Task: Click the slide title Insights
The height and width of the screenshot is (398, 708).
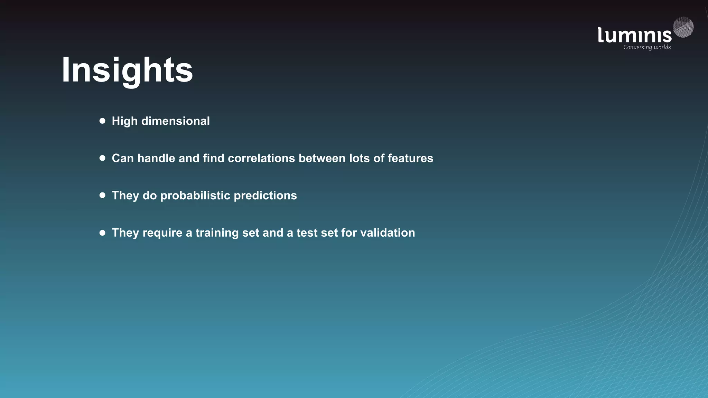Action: [127, 70]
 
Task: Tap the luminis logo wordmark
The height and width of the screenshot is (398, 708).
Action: [634, 35]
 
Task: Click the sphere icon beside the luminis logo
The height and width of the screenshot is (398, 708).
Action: [683, 27]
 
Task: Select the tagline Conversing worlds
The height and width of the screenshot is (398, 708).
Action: [647, 47]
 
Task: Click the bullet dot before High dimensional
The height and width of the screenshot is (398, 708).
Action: [102, 121]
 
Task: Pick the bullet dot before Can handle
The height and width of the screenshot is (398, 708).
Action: [102, 158]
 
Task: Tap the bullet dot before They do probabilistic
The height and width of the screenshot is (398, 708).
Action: [102, 195]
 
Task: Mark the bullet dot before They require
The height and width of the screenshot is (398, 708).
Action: [102, 233]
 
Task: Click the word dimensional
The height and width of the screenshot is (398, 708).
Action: [175, 121]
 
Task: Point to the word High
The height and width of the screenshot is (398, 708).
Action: [124, 121]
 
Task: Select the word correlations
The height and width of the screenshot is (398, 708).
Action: [261, 158]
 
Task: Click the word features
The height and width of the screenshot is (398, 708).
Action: [410, 158]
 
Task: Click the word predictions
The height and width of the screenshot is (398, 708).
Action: [265, 196]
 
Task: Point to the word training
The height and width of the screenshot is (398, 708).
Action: [217, 233]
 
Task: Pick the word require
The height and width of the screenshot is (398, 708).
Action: [162, 233]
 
